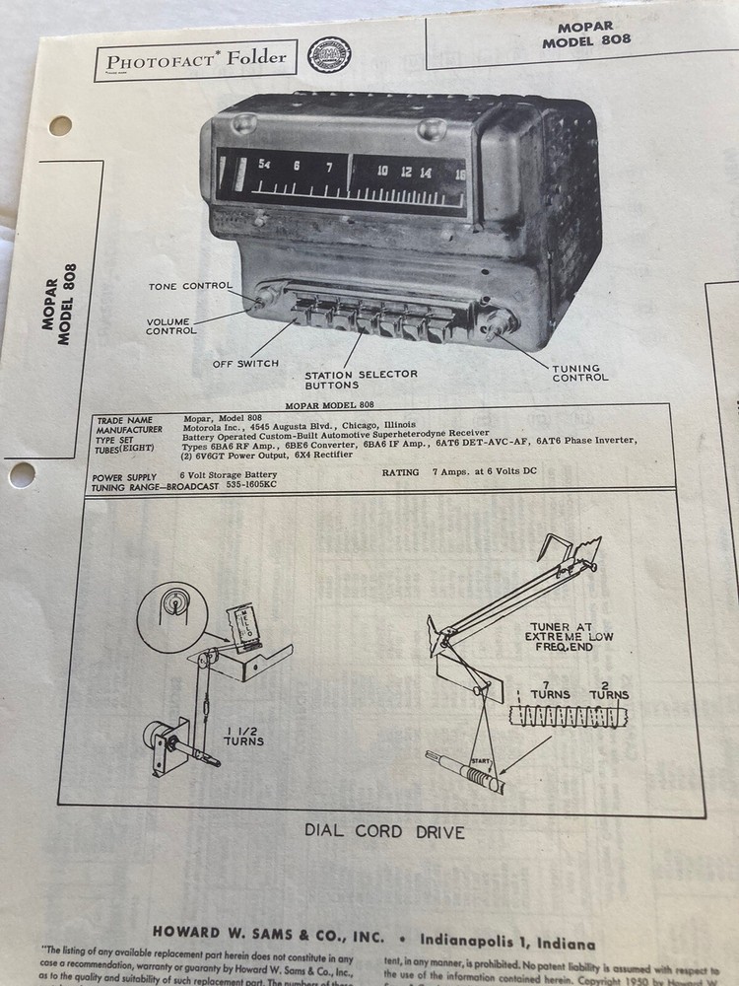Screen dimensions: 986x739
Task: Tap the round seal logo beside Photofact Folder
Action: [x=329, y=55]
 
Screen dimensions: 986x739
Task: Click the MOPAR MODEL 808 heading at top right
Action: [x=586, y=34]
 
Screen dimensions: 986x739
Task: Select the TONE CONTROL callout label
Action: [x=190, y=287]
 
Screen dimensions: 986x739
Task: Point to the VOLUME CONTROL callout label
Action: [x=171, y=326]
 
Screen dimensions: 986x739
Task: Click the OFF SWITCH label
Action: [x=245, y=364]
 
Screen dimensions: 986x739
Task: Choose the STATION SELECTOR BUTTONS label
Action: [x=361, y=380]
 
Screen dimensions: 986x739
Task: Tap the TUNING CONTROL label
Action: [x=580, y=373]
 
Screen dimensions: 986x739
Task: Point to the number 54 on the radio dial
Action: [x=264, y=166]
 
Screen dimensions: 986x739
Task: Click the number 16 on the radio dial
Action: [x=459, y=175]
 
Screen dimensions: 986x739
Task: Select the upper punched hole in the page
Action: [x=60, y=125]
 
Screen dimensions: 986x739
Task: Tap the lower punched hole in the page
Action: [x=22, y=474]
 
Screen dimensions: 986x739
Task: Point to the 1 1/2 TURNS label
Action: [x=242, y=735]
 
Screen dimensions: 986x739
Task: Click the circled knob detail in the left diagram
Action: [x=172, y=616]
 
